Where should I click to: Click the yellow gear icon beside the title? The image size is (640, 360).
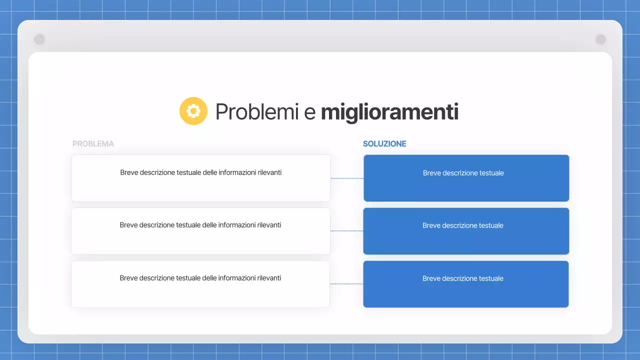tap(193, 111)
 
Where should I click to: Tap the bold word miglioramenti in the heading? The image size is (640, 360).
tap(389, 112)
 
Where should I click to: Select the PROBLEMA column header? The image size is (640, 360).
tap(93, 144)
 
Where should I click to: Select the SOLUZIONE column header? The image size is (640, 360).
tap(384, 144)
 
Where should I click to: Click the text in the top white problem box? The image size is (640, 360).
tap(200, 172)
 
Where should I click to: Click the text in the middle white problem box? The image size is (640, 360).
tap(200, 225)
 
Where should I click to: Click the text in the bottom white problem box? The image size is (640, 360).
tap(200, 278)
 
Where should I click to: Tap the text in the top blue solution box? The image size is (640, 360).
tap(463, 173)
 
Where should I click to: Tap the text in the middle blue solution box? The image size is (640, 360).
tap(462, 225)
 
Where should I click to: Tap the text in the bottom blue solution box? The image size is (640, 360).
tap(462, 278)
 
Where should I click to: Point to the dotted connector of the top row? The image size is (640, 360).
tap(346, 178)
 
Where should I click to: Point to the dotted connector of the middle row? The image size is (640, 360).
tap(346, 231)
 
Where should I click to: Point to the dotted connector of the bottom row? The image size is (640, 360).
tap(346, 284)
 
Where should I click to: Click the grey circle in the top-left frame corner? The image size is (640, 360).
tap(39, 39)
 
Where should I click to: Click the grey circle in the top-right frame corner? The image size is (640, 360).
tap(600, 39)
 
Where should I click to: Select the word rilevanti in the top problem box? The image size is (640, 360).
tap(269, 172)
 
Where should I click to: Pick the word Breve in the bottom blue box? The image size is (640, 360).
tap(431, 278)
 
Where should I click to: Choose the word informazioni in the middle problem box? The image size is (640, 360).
tap(236, 225)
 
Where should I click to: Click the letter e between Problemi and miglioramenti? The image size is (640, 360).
tap(310, 113)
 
